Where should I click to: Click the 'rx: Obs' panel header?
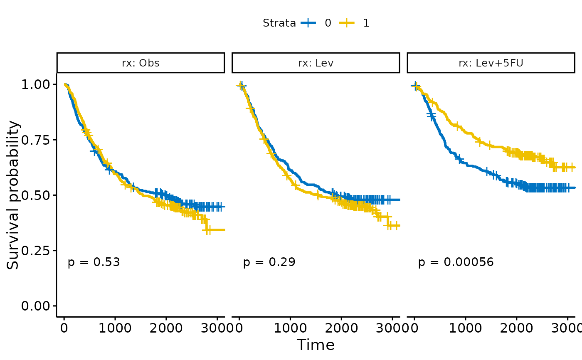(141, 63)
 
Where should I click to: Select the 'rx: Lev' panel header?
(316, 63)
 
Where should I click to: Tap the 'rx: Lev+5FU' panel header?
(491, 63)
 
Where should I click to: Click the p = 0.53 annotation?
(94, 262)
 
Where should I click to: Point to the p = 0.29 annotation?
(269, 262)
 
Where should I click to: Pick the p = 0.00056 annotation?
(456, 262)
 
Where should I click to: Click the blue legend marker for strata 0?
(308, 23)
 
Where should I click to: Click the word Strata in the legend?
(279, 23)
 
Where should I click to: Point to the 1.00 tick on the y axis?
(37, 84)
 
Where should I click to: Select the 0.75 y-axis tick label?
(37, 140)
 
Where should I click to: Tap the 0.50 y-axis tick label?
(37, 195)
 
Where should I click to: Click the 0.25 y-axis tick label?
(37, 250)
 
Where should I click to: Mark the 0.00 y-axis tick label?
(37, 306)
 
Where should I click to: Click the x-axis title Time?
(316, 345)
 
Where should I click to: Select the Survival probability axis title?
(13, 195)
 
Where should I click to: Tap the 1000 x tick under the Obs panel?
(115, 328)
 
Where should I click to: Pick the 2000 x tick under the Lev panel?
(341, 328)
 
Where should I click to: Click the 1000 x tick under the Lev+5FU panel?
(465, 328)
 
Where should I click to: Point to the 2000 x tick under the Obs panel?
(166, 328)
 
